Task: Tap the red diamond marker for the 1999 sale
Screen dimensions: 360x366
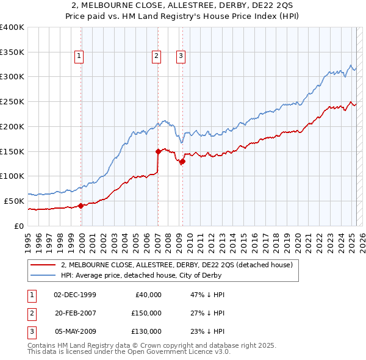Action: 81,206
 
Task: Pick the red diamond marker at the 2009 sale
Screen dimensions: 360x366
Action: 182,161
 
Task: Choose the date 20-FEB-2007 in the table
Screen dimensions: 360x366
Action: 75,312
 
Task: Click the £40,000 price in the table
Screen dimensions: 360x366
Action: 148,294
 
